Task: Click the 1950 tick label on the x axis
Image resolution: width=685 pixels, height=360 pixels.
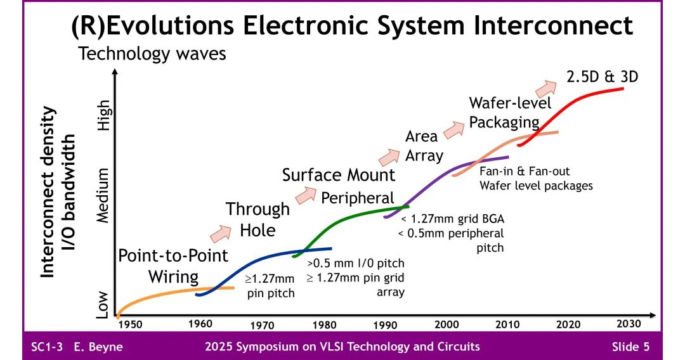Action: pyautogui.click(x=129, y=325)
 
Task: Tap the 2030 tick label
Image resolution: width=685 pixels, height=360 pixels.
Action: pyautogui.click(x=629, y=324)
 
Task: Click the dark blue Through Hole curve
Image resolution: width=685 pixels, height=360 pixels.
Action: pyautogui.click(x=266, y=257)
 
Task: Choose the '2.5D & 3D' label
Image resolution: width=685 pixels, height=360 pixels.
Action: pyautogui.click(x=601, y=77)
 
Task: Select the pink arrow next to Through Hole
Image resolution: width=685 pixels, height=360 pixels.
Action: pyautogui.click(x=221, y=233)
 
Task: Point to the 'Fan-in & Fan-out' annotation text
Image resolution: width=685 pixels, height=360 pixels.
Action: pyautogui.click(x=524, y=172)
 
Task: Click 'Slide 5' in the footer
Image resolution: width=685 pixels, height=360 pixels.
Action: pyautogui.click(x=630, y=347)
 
